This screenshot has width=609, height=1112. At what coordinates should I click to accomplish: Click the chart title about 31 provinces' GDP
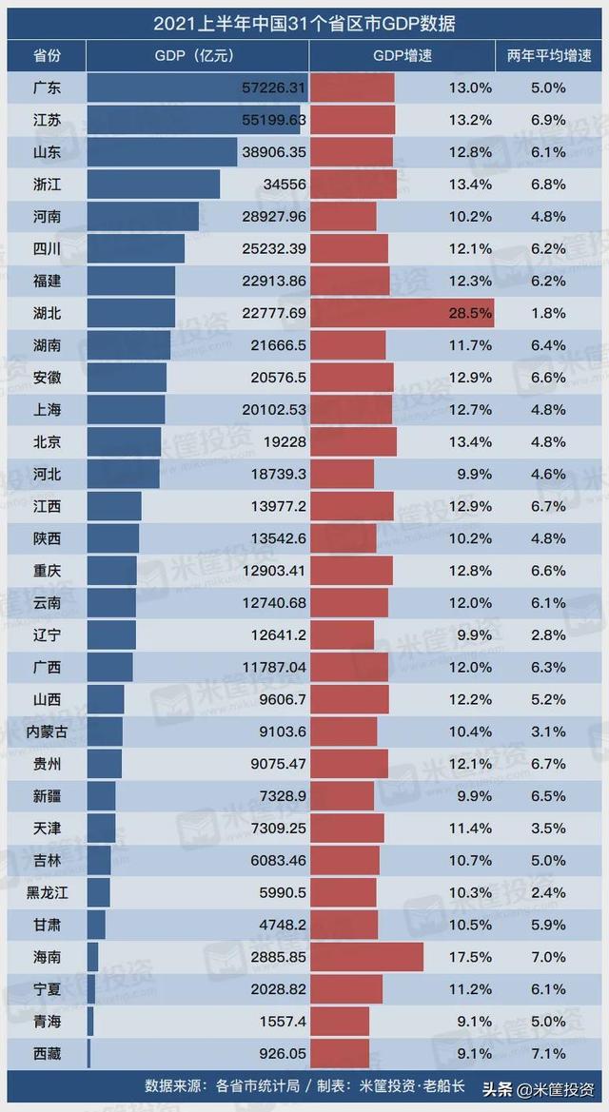304,19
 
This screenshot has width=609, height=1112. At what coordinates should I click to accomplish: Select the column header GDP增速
403,56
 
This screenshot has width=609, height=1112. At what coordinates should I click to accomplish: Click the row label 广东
46,88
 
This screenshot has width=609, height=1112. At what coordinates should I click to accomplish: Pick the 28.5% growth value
471,313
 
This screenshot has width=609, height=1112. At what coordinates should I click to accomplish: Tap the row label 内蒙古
46,732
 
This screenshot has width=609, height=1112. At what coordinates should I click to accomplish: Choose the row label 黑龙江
46,892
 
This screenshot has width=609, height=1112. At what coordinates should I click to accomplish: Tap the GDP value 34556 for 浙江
283,185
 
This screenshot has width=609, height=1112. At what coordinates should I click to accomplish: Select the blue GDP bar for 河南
143,216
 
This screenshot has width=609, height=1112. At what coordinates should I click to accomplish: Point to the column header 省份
46,56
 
